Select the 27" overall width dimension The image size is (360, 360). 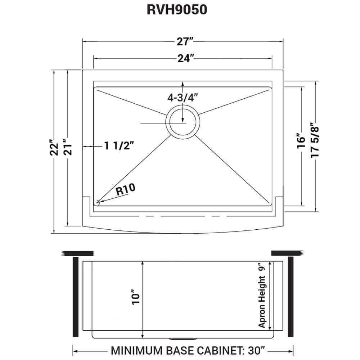click(x=183, y=42)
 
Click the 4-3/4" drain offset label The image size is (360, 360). click(x=183, y=98)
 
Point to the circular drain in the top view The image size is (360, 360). click(x=183, y=121)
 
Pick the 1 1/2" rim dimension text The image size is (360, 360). click(x=119, y=146)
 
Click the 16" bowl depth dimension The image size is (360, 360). click(x=302, y=142)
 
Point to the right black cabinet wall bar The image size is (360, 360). click(x=291, y=297)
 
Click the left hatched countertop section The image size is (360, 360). click(x=78, y=253)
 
